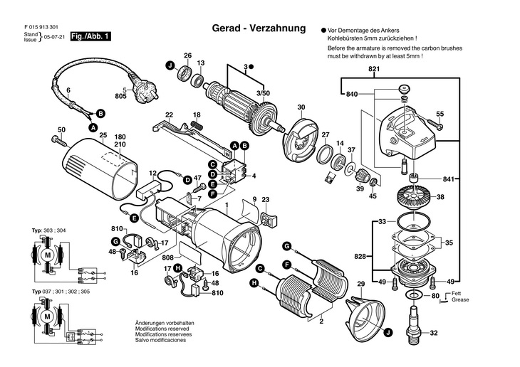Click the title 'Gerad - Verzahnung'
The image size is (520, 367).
(x=259, y=29)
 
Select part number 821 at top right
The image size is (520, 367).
(x=375, y=69)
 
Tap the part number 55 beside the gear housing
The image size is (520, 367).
(x=440, y=114)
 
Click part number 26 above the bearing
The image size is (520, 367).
(x=188, y=55)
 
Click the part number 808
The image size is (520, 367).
(x=167, y=257)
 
